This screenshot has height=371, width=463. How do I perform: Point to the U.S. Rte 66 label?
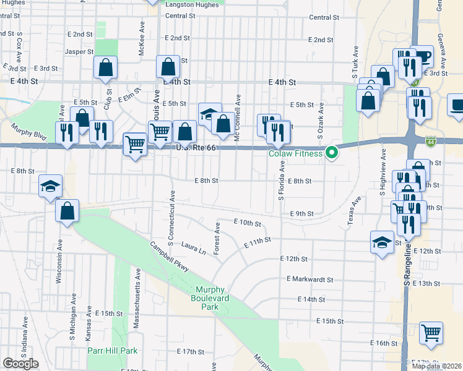click(196, 147)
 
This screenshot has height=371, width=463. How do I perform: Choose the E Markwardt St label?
click(309, 279)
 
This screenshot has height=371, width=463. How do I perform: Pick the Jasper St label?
click(79, 52)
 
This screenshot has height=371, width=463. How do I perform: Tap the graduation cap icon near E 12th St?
click(381, 242)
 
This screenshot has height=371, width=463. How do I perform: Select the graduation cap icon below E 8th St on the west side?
click(50, 186)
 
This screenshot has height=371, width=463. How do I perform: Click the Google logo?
click(21, 364)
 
